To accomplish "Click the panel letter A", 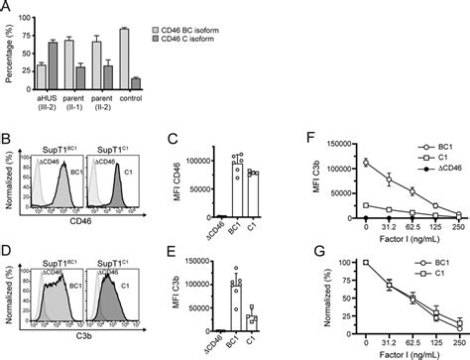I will click(8, 7).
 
